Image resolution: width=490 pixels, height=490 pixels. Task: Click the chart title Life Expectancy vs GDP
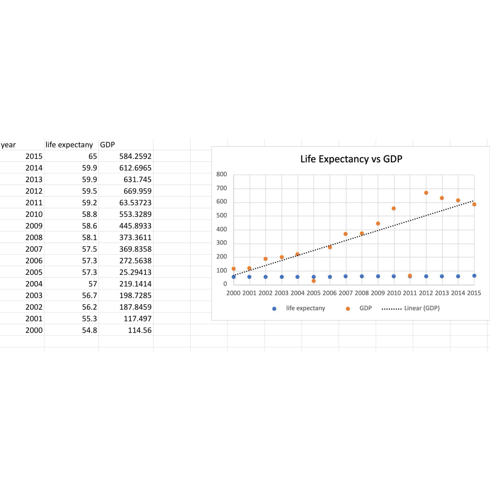coord(351,159)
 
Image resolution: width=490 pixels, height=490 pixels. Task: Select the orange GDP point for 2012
coord(426,193)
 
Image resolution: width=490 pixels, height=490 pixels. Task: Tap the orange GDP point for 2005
coord(314,281)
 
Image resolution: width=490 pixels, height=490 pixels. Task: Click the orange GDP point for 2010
coord(394,208)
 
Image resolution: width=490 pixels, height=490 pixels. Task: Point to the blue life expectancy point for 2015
coord(474,276)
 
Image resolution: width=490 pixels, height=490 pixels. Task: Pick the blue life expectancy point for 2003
coord(282,277)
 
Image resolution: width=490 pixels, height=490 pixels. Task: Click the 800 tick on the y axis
coord(221,174)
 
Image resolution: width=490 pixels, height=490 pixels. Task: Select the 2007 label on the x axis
coord(346,293)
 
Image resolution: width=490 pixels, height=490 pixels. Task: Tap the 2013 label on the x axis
coord(442,293)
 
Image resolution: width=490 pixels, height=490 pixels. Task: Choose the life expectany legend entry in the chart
coord(305,308)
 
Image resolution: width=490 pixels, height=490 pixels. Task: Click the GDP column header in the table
coord(107,145)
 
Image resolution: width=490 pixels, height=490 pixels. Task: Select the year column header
coord(8,145)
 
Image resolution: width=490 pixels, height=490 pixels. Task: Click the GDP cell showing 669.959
coord(137,191)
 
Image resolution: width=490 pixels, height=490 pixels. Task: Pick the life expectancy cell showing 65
coord(93,156)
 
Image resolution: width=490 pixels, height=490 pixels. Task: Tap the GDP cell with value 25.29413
coord(135,272)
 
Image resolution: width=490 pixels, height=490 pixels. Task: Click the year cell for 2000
coord(34,330)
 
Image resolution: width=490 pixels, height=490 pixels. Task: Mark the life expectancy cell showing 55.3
coord(89,318)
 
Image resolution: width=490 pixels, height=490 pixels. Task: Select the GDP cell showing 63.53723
coord(135,203)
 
